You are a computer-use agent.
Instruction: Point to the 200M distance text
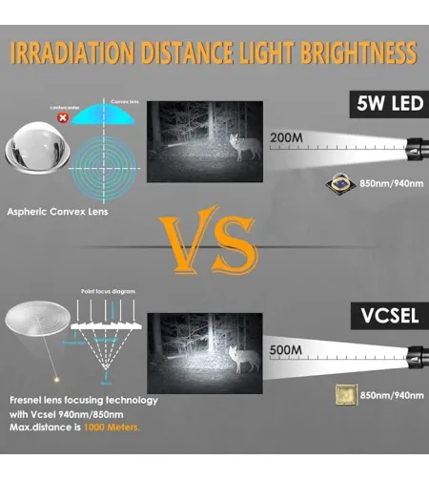click(286, 138)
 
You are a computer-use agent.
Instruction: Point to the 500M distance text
click(286, 349)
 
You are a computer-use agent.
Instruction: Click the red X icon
click(63, 119)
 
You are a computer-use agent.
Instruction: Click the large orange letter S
click(234, 246)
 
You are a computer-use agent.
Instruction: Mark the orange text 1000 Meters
click(113, 427)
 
